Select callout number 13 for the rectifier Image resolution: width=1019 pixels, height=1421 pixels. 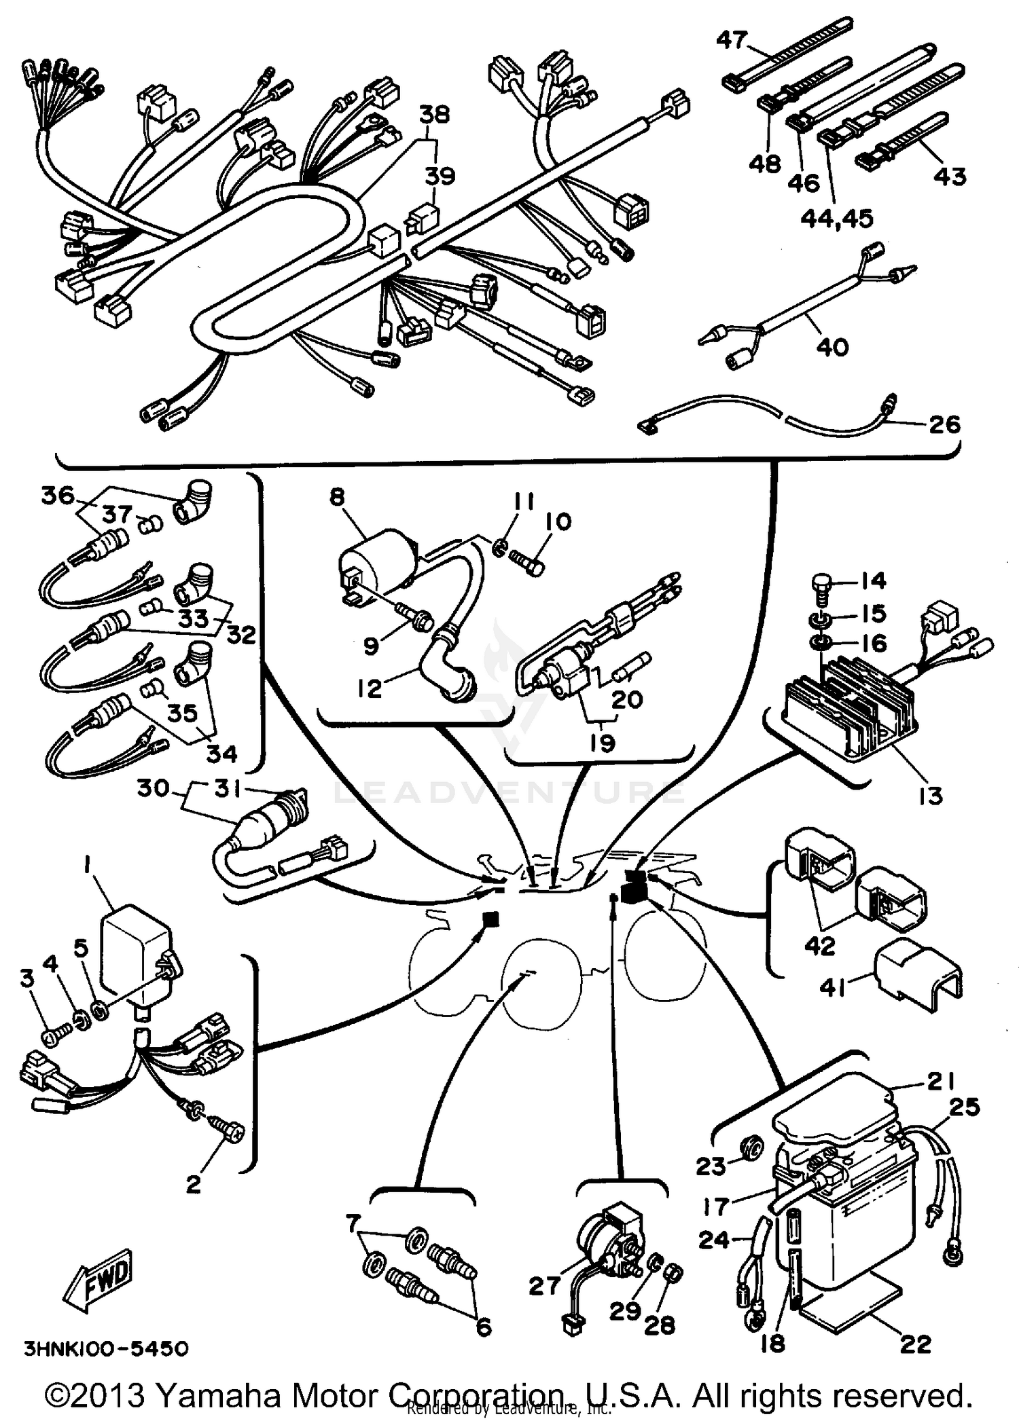930,796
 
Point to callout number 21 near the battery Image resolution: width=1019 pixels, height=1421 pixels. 941,1082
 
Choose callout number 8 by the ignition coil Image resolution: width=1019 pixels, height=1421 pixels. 338,498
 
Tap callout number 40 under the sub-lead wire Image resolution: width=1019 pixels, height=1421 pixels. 832,348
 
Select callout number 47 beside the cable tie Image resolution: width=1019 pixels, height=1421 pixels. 732,40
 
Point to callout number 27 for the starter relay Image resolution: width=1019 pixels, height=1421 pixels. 545,1285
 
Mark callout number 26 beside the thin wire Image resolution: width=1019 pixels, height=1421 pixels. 944,425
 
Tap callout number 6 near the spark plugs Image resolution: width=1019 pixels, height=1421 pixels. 484,1326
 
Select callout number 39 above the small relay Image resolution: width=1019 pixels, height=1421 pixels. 440,176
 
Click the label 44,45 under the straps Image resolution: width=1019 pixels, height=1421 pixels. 836,219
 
